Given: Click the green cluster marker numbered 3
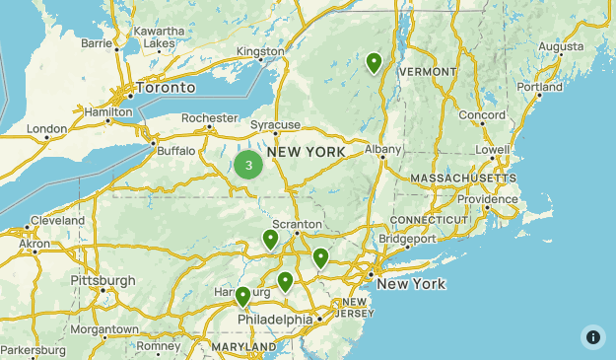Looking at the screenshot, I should [248, 166].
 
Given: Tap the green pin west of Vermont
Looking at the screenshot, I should [375, 63].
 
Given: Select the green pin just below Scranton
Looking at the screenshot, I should [270, 240].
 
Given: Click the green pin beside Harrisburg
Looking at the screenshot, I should [242, 296].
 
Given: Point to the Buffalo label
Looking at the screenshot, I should [176, 151].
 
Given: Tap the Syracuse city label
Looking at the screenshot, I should [275, 125].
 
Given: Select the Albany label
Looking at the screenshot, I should [383, 149].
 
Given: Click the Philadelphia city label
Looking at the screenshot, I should [274, 320].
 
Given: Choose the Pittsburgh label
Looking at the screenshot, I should [103, 281].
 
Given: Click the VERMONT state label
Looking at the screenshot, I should [428, 72].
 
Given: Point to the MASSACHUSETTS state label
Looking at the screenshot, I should [463, 178].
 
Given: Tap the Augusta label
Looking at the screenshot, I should [562, 46].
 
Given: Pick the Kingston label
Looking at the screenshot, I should [260, 50].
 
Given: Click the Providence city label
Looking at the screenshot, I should [486, 199].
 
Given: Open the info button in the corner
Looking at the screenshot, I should [592, 336].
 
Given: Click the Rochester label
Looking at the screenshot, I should [210, 118].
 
